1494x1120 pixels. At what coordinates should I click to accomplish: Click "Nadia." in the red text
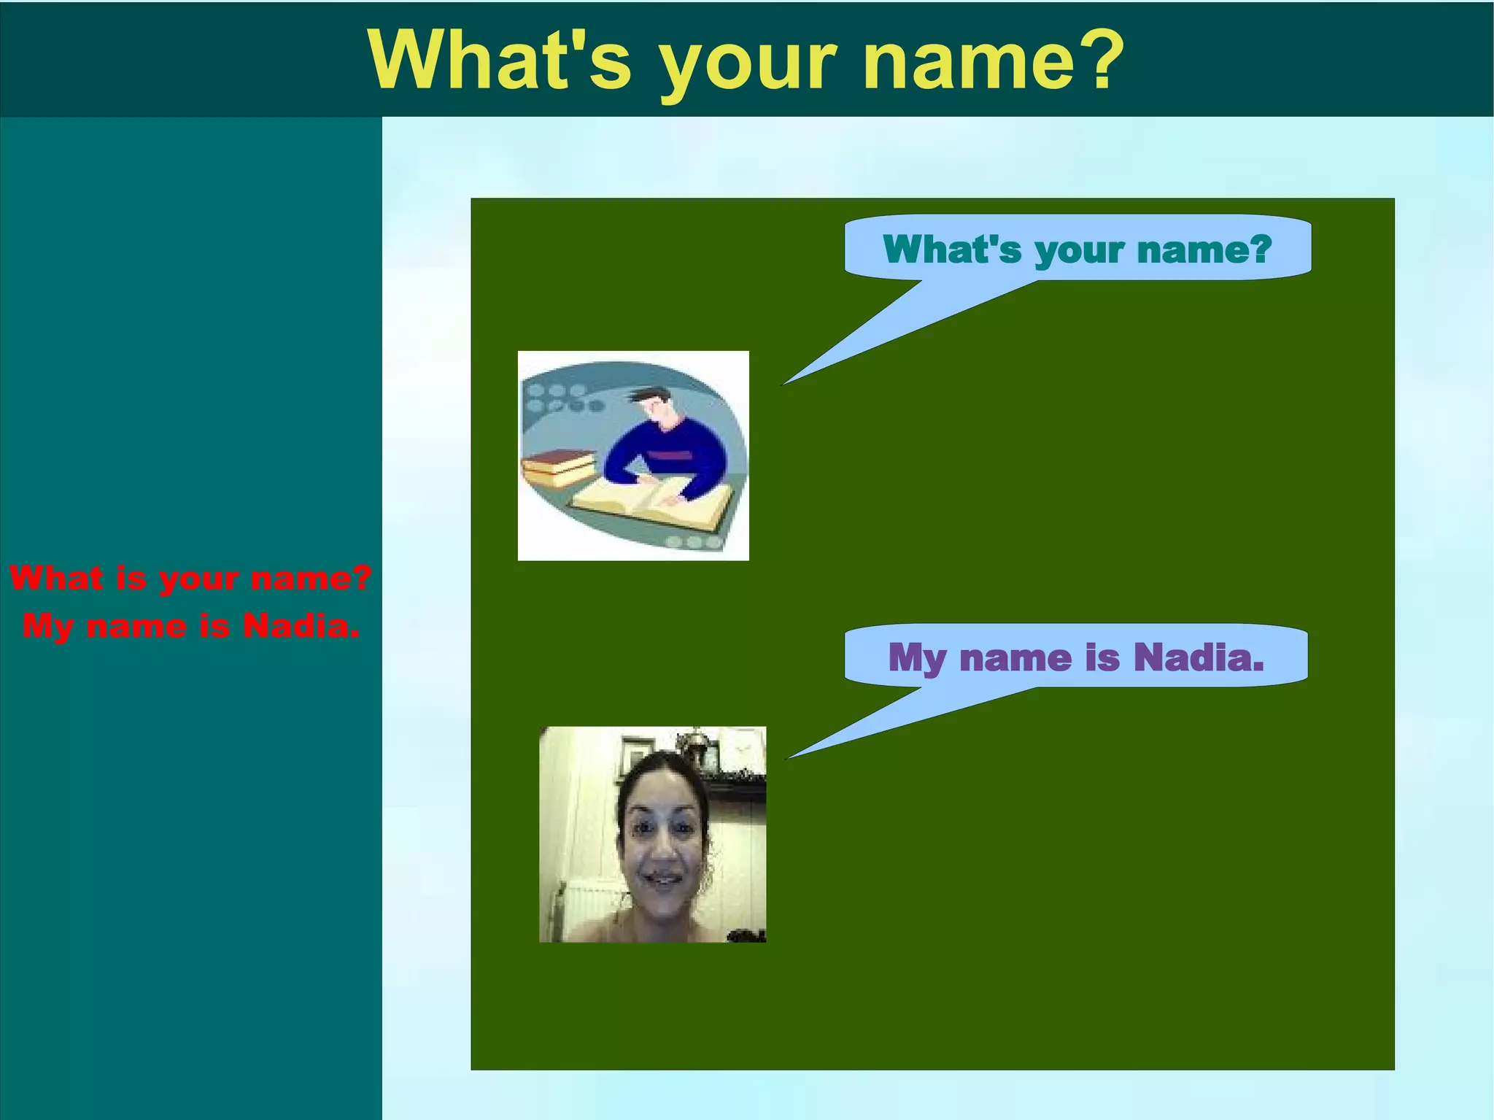tap(301, 626)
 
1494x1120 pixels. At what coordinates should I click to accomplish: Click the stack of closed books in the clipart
tap(557, 468)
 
